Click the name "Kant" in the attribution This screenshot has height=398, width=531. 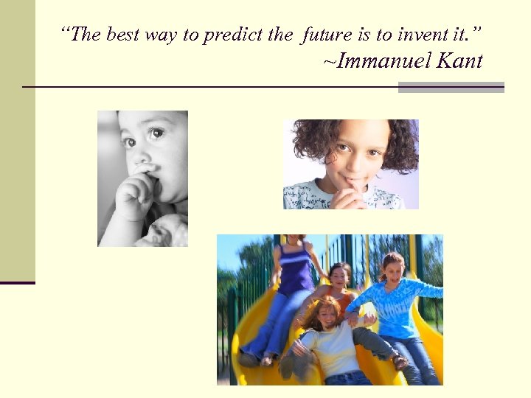[x=459, y=60]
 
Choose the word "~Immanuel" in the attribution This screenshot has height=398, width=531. [x=377, y=60]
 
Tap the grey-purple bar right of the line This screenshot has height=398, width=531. [x=451, y=87]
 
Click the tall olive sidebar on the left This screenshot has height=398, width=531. [x=17, y=140]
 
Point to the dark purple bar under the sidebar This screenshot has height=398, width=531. [x=17, y=282]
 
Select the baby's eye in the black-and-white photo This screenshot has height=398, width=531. [x=156, y=133]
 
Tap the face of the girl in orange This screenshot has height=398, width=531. [x=339, y=276]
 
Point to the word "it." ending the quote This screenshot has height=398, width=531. [x=468, y=34]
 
